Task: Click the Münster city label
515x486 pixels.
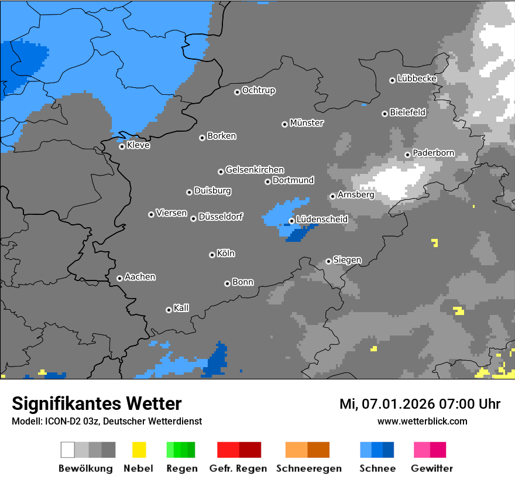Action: click(307, 123)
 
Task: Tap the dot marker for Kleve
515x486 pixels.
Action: click(122, 146)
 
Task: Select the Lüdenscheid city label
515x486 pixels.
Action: click(322, 220)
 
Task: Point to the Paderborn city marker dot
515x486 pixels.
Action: click(407, 155)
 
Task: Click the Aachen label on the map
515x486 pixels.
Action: click(140, 277)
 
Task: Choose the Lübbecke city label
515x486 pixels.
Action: click(417, 78)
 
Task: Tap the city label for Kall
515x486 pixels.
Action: click(181, 308)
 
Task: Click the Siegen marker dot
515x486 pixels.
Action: click(328, 261)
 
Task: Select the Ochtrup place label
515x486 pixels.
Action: click(258, 90)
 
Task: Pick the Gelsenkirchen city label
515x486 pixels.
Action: click(255, 170)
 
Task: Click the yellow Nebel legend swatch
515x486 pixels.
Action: click(139, 450)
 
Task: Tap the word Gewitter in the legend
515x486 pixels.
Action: click(431, 468)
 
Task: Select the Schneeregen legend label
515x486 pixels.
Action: click(307, 468)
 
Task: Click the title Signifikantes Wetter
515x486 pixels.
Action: click(97, 403)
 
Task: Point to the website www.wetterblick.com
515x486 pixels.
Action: click(422, 421)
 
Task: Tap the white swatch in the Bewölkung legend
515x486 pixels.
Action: click(67, 450)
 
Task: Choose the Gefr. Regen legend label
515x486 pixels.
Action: click(238, 468)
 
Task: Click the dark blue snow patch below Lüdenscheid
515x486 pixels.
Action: click(300, 235)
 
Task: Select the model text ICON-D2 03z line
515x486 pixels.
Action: click(107, 421)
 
